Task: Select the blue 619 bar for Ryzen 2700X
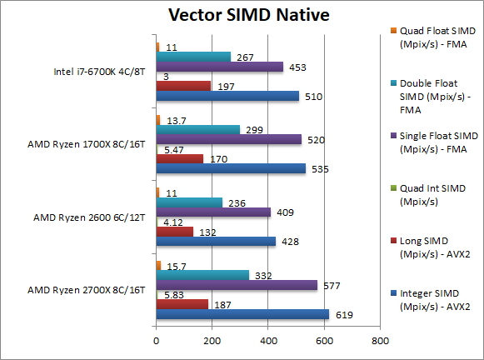pyautogui.click(x=242, y=315)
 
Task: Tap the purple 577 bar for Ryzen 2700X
pyautogui.click(x=237, y=285)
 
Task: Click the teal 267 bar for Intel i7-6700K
pyautogui.click(x=193, y=57)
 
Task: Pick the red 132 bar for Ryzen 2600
pyautogui.click(x=175, y=232)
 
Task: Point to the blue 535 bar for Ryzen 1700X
pyautogui.click(x=231, y=168)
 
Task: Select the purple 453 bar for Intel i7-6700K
pyautogui.click(x=219, y=67)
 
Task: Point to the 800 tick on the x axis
pyautogui.click(x=380, y=341)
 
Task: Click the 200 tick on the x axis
pyautogui.click(x=212, y=341)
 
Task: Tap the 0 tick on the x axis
pyautogui.click(x=156, y=341)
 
